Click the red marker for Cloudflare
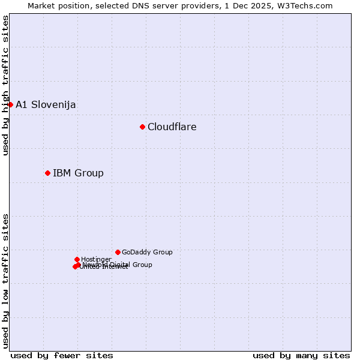pos(142,127)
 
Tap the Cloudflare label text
pos(172,127)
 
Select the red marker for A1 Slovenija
pos(10,104)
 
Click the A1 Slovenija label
pos(46,104)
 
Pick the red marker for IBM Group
pos(47,173)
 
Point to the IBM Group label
pos(78,173)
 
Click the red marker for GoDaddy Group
pos(118,252)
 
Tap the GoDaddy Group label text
pos(147,252)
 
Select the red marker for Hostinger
pos(77,259)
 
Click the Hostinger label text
pos(96,259)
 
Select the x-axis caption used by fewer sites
pos(62,355)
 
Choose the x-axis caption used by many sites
pos(301,355)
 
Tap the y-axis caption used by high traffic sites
pos(6,85)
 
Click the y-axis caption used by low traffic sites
pos(6,281)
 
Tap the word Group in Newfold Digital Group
pos(142,265)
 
